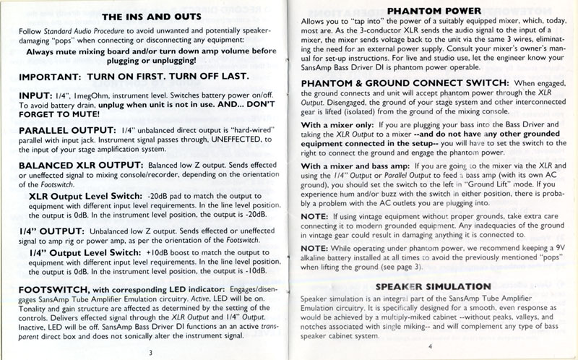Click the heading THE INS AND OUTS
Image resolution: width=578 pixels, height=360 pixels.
[x=147, y=17]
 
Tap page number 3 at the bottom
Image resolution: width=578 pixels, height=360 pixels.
[x=150, y=352]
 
